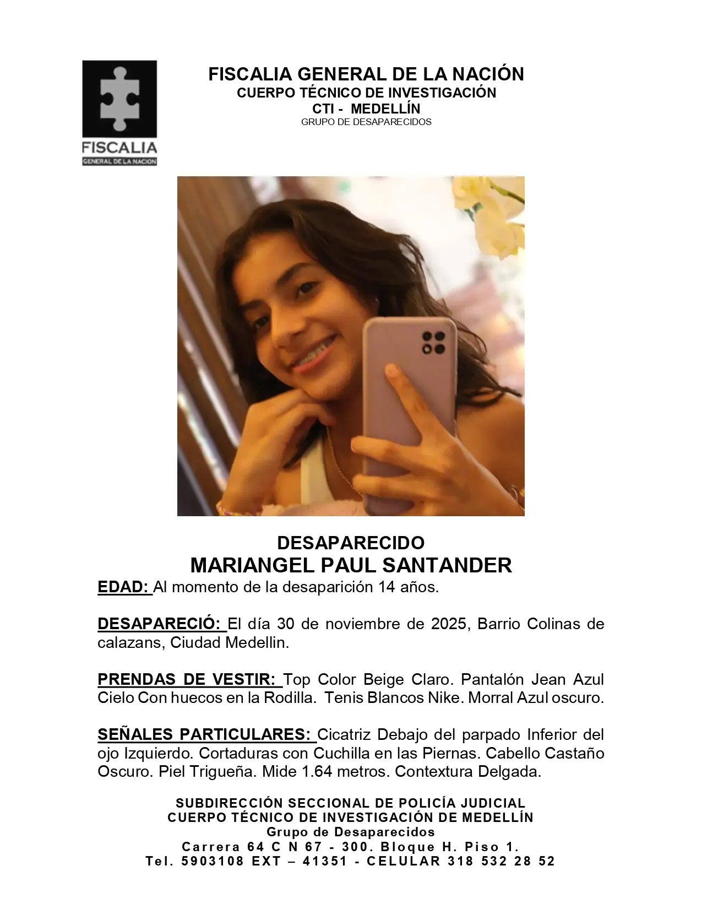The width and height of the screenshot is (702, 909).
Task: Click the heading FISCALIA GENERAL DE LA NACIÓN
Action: pyautogui.click(x=366, y=74)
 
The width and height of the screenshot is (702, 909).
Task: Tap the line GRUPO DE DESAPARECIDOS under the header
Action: pyautogui.click(x=366, y=122)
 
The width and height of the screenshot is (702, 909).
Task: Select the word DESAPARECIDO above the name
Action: pyautogui.click(x=351, y=543)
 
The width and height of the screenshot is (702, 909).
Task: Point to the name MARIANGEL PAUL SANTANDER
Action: pyautogui.click(x=351, y=565)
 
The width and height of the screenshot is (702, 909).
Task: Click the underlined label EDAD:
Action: pyautogui.click(x=124, y=587)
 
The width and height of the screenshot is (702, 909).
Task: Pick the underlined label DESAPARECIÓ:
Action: pyautogui.click(x=162, y=624)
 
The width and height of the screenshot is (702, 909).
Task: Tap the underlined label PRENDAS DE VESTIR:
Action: pyautogui.click(x=189, y=679)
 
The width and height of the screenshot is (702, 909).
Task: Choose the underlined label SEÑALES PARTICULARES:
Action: pyautogui.click(x=206, y=734)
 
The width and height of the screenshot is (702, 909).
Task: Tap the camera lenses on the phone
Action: pyautogui.click(x=433, y=342)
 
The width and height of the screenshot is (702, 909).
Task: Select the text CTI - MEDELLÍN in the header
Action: pyautogui.click(x=366, y=108)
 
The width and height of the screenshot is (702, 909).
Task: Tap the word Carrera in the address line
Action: pyautogui.click(x=211, y=847)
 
